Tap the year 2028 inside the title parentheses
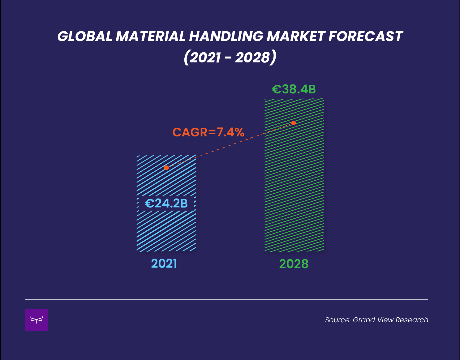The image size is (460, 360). point(252,58)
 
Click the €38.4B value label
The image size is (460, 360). point(294,89)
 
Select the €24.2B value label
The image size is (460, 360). point(166,204)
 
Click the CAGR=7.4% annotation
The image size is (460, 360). point(208,132)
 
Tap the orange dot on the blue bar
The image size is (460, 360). point(166,168)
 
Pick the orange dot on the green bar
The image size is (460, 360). point(294,123)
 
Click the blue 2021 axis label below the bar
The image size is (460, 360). point(164,264)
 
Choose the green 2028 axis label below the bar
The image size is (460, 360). point(294,264)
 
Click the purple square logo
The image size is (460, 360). point(36,320)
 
